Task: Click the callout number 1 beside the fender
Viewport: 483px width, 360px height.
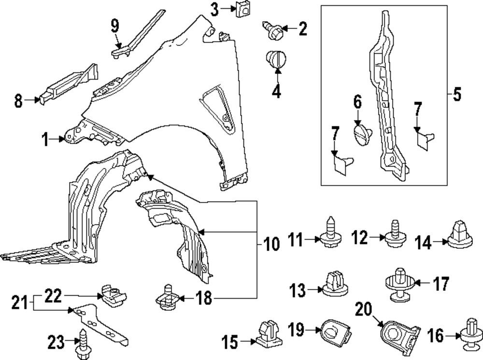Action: pos(45,140)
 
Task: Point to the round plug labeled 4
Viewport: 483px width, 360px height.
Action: pos(276,60)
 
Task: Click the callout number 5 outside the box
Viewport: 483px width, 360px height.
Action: pos(456,95)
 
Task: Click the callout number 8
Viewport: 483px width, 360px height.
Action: pos(18,101)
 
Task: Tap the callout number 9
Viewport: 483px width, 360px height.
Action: pos(114,26)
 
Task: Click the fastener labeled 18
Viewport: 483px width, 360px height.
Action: pos(167,299)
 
